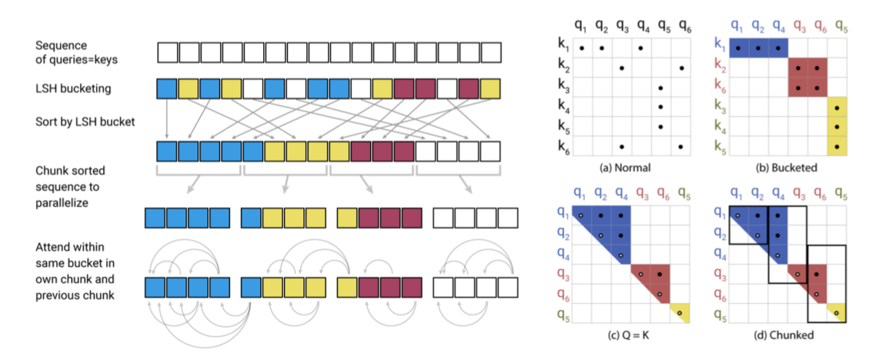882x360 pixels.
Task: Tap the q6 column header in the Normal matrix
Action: (x=682, y=25)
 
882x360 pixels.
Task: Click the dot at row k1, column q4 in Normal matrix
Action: (x=641, y=48)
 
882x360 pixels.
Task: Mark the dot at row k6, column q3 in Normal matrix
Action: (x=621, y=146)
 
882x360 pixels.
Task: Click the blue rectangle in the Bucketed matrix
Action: (x=759, y=48)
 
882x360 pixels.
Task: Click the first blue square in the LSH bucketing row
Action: (x=166, y=88)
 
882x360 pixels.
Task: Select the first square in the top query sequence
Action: (x=166, y=53)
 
